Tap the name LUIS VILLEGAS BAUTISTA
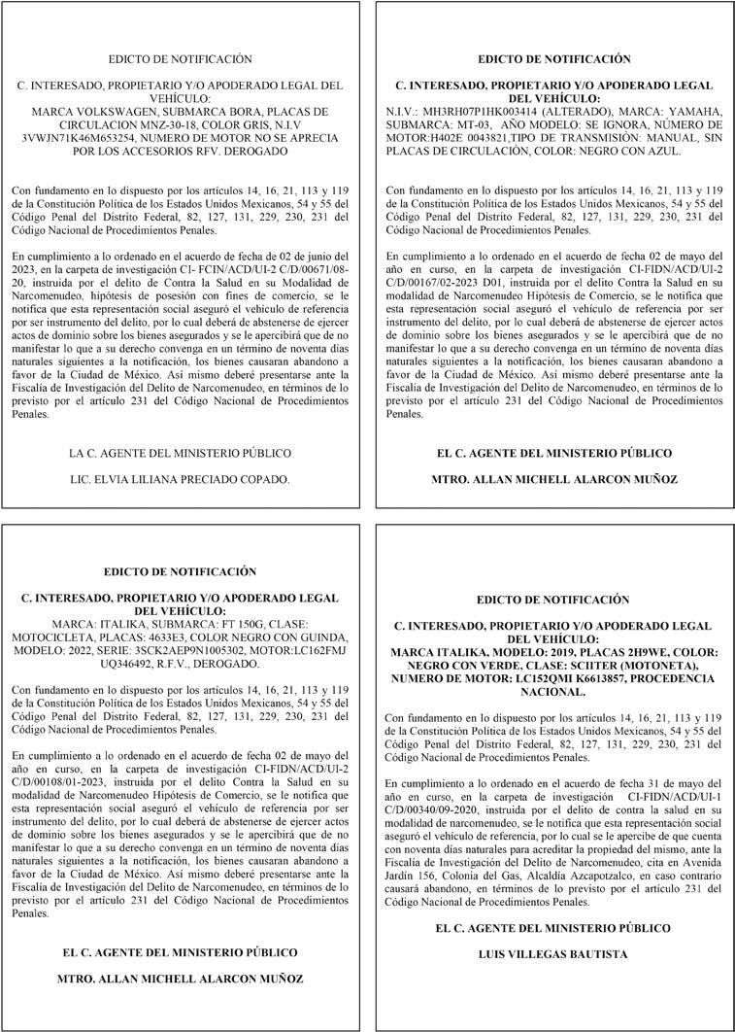tap(552, 954)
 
